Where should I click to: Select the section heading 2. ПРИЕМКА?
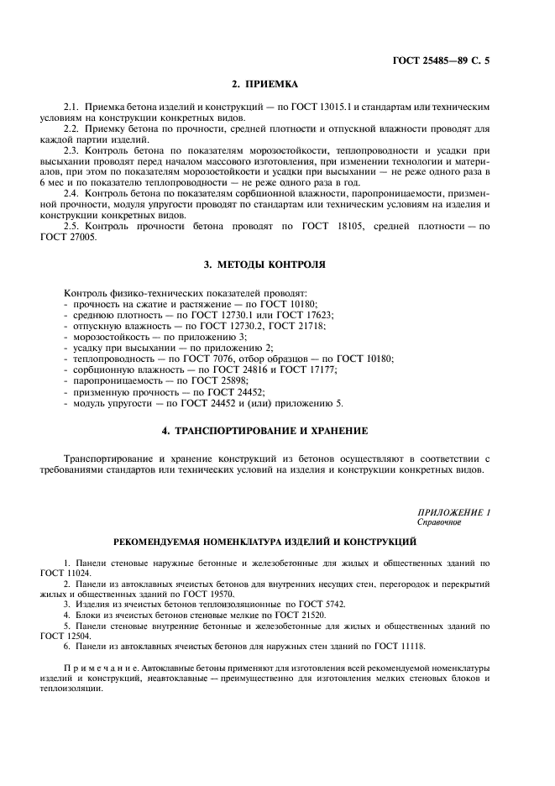[x=264, y=84]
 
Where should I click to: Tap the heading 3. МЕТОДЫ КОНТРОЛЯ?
[x=264, y=264]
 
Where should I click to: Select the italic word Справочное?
[x=439, y=521]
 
